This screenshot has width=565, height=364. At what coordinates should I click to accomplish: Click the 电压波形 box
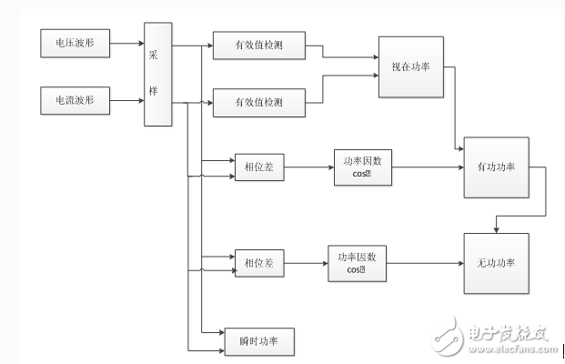pyautogui.click(x=74, y=41)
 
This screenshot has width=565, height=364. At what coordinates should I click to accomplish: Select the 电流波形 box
pyautogui.click(x=74, y=96)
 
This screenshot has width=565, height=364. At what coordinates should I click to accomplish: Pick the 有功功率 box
pyautogui.click(x=495, y=167)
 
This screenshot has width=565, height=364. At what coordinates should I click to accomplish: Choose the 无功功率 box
pyautogui.click(x=495, y=263)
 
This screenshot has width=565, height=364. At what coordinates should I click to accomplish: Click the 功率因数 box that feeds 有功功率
pyautogui.click(x=363, y=167)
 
